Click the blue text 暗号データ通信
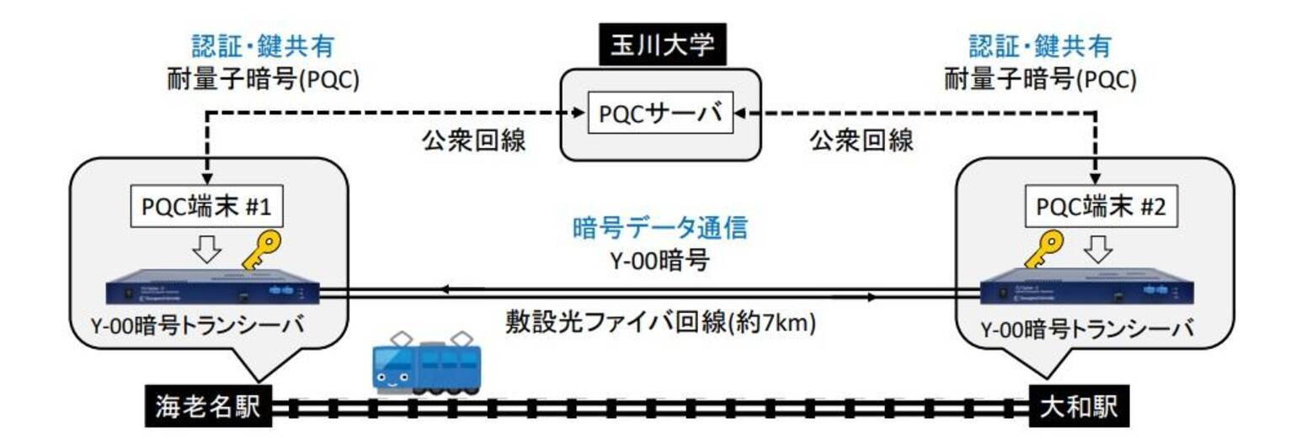pyautogui.click(x=659, y=229)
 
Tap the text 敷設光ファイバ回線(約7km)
pyautogui.click(x=659, y=323)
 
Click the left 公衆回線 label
pyautogui.click(x=473, y=140)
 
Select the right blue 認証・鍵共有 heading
pyautogui.click(x=1040, y=46)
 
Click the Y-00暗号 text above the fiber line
pyautogui.click(x=659, y=262)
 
